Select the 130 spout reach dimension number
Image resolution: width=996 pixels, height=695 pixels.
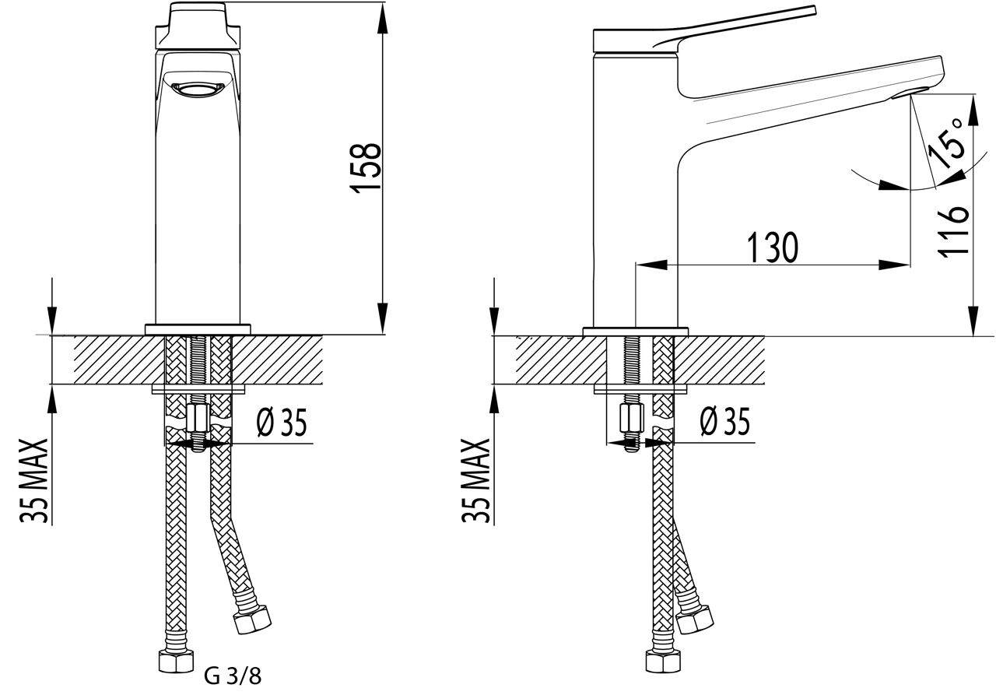pyautogui.click(x=773, y=247)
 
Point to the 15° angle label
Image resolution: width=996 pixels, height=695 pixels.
pyautogui.click(x=946, y=144)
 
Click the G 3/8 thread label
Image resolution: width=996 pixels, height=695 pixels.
pyautogui.click(x=233, y=676)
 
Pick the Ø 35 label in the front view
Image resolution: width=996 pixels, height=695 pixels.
pyautogui.click(x=282, y=423)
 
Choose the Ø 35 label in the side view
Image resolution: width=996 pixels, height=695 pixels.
pyautogui.click(x=724, y=421)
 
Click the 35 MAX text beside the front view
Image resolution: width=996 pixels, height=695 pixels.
pyautogui.click(x=33, y=481)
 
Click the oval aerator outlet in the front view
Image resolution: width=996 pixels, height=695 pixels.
pyautogui.click(x=198, y=89)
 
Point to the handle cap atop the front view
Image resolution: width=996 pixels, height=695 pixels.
pyautogui.click(x=198, y=26)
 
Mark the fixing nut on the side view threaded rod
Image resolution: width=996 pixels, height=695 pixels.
pyautogui.click(x=631, y=417)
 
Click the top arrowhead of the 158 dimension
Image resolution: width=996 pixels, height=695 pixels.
pyautogui.click(x=382, y=18)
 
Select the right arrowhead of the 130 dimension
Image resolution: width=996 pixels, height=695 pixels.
pyautogui.click(x=894, y=265)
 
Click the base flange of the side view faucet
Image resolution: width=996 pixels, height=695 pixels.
pyautogui.click(x=636, y=332)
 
